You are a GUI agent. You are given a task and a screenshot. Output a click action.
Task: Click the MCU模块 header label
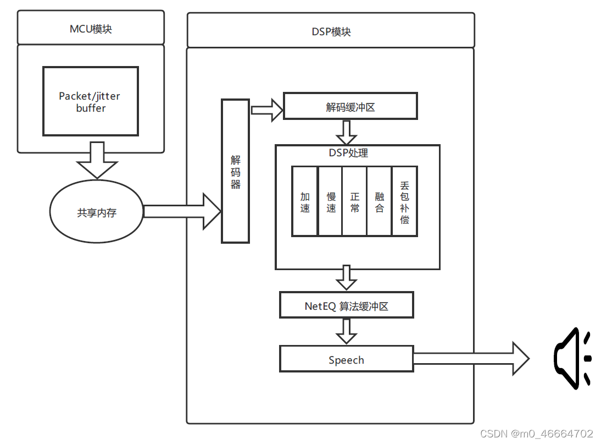click(x=91, y=29)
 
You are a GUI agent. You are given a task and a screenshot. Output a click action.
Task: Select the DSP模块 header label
click(x=331, y=31)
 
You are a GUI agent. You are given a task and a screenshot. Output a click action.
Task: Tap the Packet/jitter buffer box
click(x=91, y=102)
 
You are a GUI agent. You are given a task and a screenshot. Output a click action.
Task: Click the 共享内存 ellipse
click(x=97, y=212)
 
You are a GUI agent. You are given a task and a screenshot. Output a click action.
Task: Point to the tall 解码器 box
click(x=235, y=171)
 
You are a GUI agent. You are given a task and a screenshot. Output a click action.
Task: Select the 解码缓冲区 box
click(x=350, y=107)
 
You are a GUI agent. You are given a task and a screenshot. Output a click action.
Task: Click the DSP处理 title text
click(x=348, y=153)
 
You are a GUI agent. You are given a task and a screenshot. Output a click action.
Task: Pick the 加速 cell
click(x=305, y=202)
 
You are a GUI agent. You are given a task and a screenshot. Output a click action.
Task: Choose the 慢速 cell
click(x=330, y=202)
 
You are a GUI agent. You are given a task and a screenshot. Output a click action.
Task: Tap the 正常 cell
click(x=355, y=202)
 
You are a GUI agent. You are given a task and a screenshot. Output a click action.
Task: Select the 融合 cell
click(x=380, y=202)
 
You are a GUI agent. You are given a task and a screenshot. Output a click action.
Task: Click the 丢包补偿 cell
click(x=405, y=202)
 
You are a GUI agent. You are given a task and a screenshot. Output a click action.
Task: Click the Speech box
click(x=346, y=360)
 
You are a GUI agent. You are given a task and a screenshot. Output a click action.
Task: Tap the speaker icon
click(x=571, y=359)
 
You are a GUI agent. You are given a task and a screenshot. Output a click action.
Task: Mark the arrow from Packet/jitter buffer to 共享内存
click(x=97, y=160)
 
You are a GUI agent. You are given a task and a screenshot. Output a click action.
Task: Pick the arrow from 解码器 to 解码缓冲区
click(x=266, y=109)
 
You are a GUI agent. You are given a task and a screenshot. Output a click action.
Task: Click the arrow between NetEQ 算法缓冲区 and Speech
click(x=347, y=331)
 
